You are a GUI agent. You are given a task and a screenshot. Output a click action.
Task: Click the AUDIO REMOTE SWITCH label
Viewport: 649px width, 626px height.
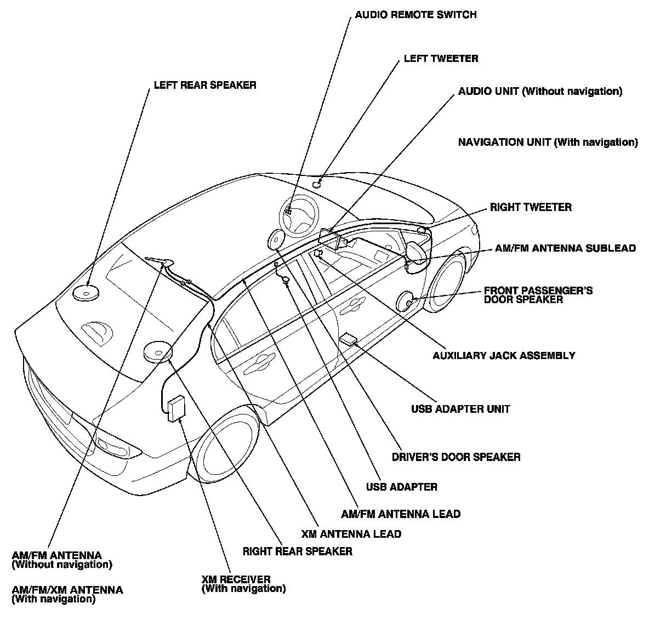click(x=415, y=15)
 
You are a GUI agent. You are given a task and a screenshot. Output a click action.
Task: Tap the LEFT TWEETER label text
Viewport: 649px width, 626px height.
click(x=441, y=58)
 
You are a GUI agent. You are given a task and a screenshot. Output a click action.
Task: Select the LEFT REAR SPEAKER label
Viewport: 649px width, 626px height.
click(x=204, y=86)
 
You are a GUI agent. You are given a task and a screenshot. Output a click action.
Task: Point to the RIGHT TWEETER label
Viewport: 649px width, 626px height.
click(x=530, y=207)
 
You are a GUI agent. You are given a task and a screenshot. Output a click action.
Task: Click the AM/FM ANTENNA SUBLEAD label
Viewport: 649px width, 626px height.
click(x=565, y=248)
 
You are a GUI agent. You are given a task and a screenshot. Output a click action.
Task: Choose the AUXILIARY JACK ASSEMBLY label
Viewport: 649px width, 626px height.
click(x=504, y=355)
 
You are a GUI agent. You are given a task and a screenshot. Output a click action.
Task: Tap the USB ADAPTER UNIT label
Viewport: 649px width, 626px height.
click(x=460, y=409)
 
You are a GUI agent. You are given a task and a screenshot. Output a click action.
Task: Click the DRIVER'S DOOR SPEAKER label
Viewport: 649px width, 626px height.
click(x=456, y=457)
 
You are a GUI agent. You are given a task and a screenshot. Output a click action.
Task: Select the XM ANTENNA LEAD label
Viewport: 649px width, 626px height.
click(x=351, y=533)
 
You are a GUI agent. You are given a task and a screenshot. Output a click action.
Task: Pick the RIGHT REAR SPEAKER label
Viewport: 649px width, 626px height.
click(x=297, y=551)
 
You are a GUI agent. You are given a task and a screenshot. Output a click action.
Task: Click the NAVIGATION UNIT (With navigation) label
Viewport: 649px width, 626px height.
click(x=548, y=143)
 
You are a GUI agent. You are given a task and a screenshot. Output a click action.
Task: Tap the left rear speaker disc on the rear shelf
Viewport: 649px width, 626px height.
click(x=86, y=293)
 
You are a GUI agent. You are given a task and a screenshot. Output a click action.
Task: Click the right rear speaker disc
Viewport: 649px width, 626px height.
click(x=157, y=351)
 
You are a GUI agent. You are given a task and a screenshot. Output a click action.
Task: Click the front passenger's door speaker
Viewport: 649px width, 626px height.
click(x=406, y=301)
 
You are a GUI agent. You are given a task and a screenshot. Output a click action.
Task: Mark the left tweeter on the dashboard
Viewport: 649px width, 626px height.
click(x=317, y=183)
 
